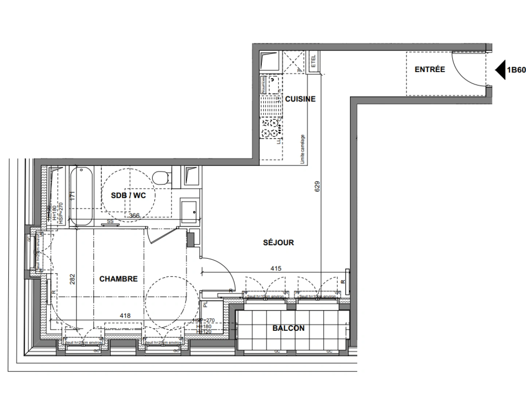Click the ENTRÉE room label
(x=429, y=69)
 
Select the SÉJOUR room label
(x=278, y=242)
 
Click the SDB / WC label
(x=128, y=195)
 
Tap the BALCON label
(x=288, y=328)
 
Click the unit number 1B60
(x=516, y=70)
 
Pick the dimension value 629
(x=317, y=187)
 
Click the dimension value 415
(x=276, y=269)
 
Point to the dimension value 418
(x=125, y=316)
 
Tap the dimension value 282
(x=72, y=279)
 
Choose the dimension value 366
(x=134, y=216)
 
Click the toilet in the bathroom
(x=161, y=178)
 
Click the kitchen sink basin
(x=272, y=84)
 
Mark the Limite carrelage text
(x=302, y=149)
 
